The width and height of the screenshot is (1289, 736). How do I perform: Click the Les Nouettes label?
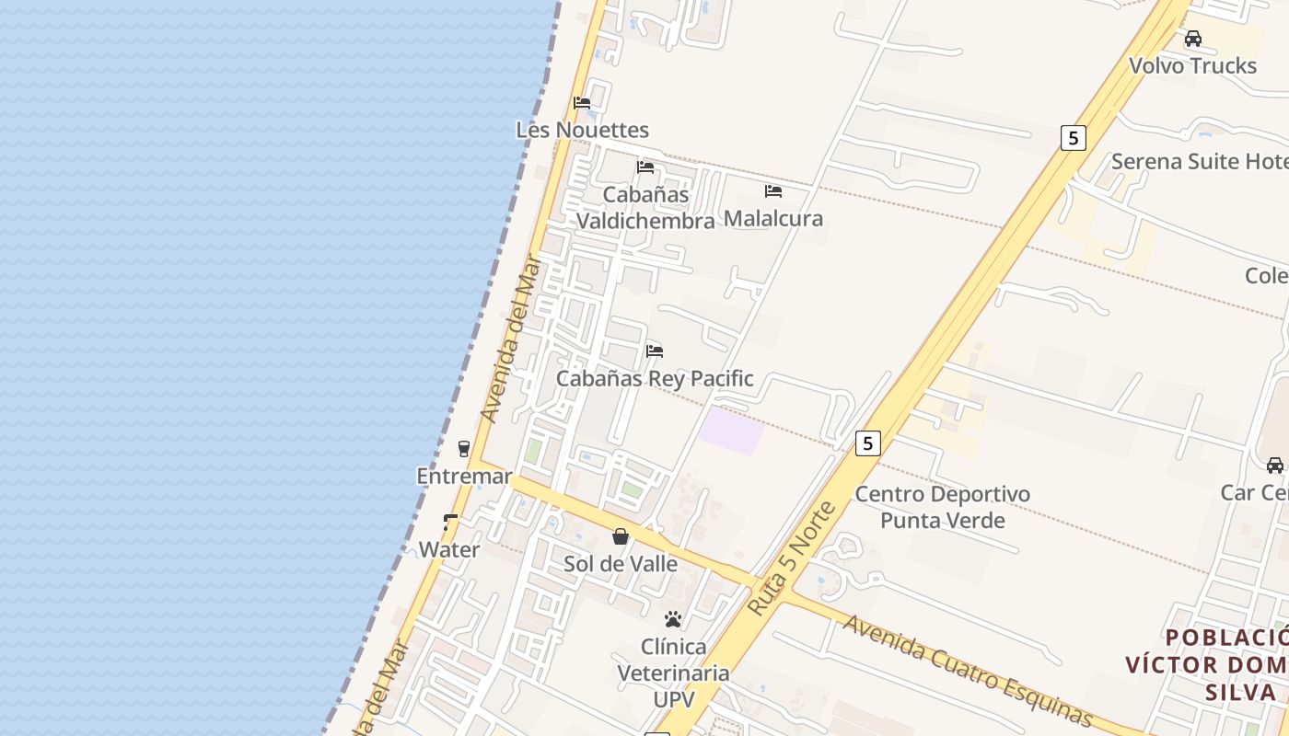582,130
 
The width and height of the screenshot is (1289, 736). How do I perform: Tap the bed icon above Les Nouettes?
582,102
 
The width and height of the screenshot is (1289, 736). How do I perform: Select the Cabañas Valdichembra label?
645,208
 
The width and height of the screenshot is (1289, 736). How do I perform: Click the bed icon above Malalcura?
773,191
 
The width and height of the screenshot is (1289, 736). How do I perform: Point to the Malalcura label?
773,219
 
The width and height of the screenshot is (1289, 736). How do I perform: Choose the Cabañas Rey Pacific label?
655,378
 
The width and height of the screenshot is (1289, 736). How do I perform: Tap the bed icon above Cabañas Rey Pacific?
655,351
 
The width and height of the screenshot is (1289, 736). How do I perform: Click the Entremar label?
464,477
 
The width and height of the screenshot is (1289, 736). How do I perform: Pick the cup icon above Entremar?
464,448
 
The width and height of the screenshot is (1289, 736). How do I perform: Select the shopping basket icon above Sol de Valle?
621,536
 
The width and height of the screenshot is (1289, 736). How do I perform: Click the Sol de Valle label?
621,564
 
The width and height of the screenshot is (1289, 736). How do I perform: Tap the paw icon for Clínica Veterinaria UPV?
673,619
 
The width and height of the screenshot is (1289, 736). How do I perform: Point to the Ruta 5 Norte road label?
791,559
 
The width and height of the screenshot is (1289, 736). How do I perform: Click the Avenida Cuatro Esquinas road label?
967,669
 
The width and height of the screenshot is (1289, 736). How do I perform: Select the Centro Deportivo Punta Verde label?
942,507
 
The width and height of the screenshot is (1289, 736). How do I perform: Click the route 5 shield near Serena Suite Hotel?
1073,138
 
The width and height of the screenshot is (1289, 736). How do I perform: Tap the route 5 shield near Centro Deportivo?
867,443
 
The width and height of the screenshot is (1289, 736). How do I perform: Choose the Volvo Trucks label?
1192,65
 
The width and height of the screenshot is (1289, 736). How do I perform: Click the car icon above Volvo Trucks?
1193,39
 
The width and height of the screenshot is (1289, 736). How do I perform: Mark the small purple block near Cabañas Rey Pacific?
731,431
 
